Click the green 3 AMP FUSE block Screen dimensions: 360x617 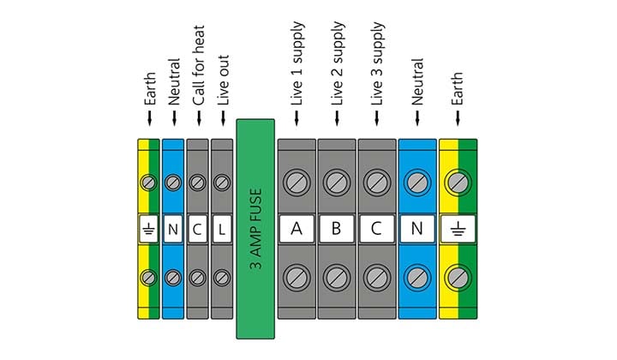point(255,229)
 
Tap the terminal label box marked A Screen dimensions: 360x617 point(297,229)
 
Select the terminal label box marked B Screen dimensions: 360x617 point(336,229)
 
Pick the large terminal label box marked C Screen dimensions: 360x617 point(376,229)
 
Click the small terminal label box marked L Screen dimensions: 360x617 point(222,229)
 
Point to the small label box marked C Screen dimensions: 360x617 point(197,229)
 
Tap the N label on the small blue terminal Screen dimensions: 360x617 point(172,229)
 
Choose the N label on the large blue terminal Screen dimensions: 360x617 point(417,229)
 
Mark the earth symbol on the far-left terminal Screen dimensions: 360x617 point(147,229)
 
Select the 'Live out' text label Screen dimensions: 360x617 point(223,85)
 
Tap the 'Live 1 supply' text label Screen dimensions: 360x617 point(297,72)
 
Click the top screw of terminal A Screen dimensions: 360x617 point(297,182)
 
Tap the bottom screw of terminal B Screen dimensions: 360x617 point(336,276)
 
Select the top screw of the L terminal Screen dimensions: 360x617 point(222,182)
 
